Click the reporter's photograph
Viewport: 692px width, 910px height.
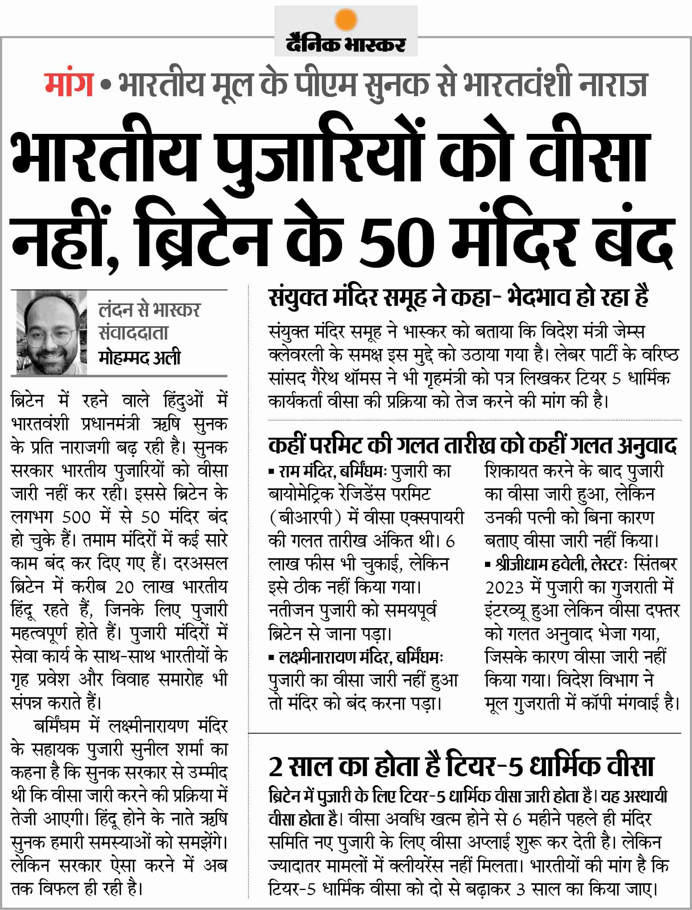[x=49, y=332]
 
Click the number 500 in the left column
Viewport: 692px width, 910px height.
[x=76, y=517]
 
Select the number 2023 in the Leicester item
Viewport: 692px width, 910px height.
[x=504, y=588]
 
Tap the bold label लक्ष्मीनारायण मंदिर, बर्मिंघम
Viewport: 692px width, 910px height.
[x=358, y=658]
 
